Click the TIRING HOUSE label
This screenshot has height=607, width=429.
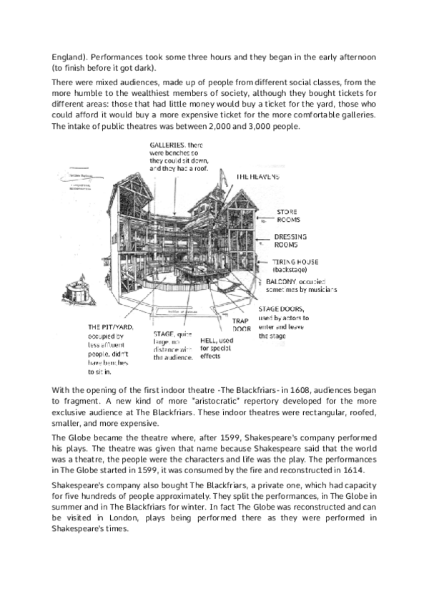coord(295,261)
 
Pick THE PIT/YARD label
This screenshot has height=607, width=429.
coord(107,327)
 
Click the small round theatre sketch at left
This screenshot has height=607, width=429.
coord(76,290)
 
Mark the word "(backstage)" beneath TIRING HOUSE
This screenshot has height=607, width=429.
coord(292,270)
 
